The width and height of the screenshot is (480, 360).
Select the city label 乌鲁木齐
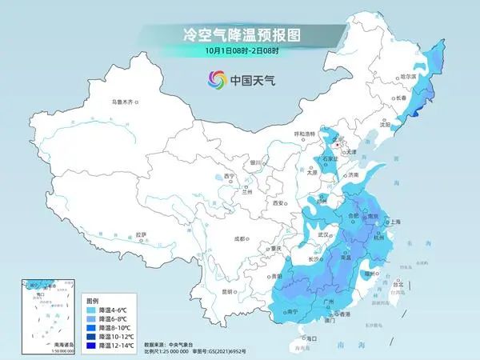pyautogui.click(x=122, y=103)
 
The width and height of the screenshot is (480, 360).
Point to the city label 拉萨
pyautogui.click(x=141, y=234)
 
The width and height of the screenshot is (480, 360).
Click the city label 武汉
pyautogui.click(x=324, y=235)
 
